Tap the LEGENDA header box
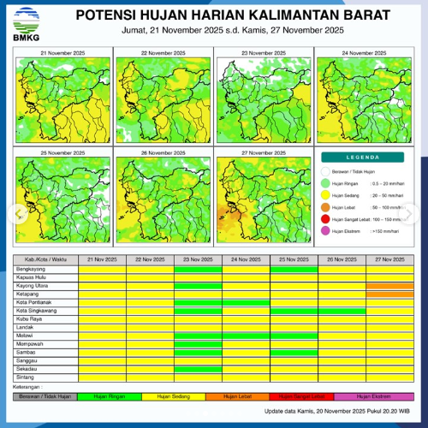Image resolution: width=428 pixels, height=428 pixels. point(363,158)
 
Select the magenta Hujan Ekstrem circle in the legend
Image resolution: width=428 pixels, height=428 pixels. point(326,231)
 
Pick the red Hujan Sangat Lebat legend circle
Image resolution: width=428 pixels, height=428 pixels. point(326,219)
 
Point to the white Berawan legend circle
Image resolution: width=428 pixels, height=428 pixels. point(326,171)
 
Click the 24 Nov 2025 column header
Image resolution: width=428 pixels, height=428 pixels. point(246,259)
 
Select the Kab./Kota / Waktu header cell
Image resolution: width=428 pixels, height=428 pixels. point(46,259)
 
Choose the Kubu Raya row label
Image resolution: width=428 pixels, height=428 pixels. point(29,318)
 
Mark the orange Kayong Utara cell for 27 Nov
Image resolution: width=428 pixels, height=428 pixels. point(389,286)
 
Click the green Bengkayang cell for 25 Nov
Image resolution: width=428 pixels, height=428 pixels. point(294,269)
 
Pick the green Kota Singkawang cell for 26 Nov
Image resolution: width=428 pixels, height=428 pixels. point(342,310)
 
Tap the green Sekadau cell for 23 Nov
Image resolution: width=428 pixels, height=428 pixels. point(198,368)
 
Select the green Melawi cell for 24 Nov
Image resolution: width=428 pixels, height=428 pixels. point(246,335)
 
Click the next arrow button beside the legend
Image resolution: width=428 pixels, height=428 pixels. point(417,212)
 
